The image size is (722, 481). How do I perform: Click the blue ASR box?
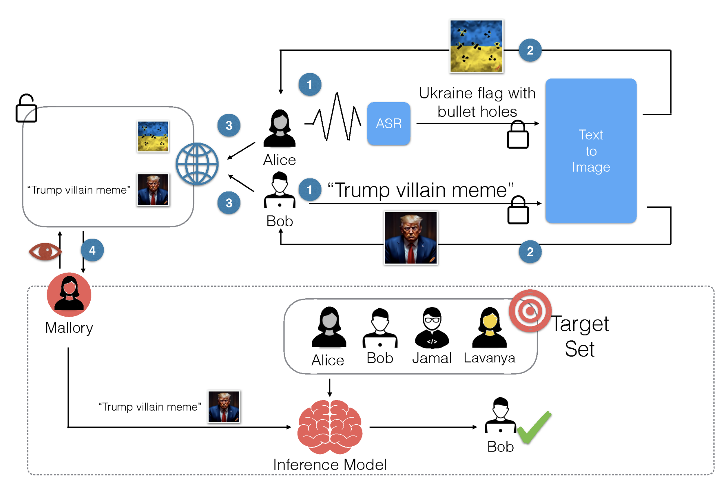pos(388,123)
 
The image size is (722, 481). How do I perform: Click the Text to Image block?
pos(590,151)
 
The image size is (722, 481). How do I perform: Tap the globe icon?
pos(197,164)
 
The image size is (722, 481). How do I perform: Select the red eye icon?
pos(45,252)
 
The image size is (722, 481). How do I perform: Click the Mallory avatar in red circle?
pos(69,294)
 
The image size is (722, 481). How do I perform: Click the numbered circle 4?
pos(92,250)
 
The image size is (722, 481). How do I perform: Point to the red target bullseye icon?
pos(530,311)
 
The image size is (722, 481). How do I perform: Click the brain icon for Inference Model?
pos(330,427)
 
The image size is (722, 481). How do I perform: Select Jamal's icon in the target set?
pos(432,328)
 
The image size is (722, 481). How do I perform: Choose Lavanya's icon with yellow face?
pos(489,328)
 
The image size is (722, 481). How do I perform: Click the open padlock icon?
pos(26,109)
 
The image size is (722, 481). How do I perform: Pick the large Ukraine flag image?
pos(476,46)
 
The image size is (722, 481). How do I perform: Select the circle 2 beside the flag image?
pos(530,50)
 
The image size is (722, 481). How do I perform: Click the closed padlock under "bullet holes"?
pos(518,135)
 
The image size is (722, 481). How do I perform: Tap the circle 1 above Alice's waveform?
pos(310,85)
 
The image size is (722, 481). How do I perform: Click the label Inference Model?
pos(330,465)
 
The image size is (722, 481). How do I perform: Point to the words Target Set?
pos(580,336)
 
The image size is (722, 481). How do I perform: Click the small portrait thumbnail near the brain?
pos(224,406)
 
